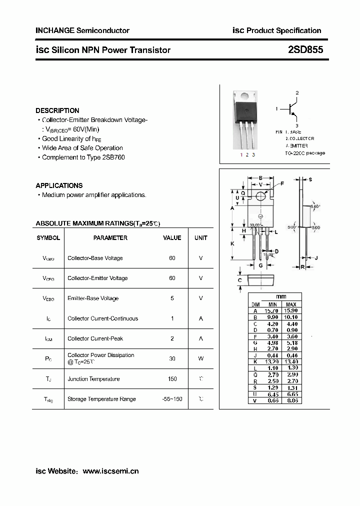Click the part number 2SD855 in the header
(x=305, y=49)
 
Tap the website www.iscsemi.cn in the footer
(x=110, y=471)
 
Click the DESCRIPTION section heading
(x=57, y=110)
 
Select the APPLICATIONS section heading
(x=59, y=185)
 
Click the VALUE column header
(x=172, y=238)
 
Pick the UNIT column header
(x=201, y=238)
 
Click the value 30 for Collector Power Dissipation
(x=172, y=358)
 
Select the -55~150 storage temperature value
(x=172, y=399)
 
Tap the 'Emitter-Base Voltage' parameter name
(x=93, y=298)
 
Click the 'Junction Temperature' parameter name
(x=93, y=379)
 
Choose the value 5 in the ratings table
(x=172, y=298)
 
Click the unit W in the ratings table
(x=201, y=358)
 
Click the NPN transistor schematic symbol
(x=292, y=108)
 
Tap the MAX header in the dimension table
(x=291, y=304)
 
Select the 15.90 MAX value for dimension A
(x=291, y=310)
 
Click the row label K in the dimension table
(x=255, y=361)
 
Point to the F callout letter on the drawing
(x=282, y=184)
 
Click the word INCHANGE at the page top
(x=54, y=30)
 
